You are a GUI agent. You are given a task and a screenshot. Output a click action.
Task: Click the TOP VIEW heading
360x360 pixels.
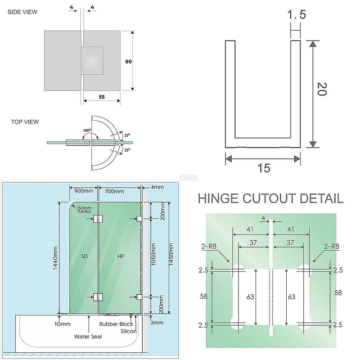[25, 121]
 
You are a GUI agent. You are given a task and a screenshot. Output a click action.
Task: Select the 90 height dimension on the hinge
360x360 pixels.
[128, 62]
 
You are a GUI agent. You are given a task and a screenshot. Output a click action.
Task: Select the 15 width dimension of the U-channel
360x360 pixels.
[264, 168]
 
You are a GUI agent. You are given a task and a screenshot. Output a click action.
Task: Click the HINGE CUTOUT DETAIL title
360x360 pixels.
[270, 198]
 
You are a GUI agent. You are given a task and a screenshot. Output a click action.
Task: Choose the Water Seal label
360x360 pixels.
[87, 336]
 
